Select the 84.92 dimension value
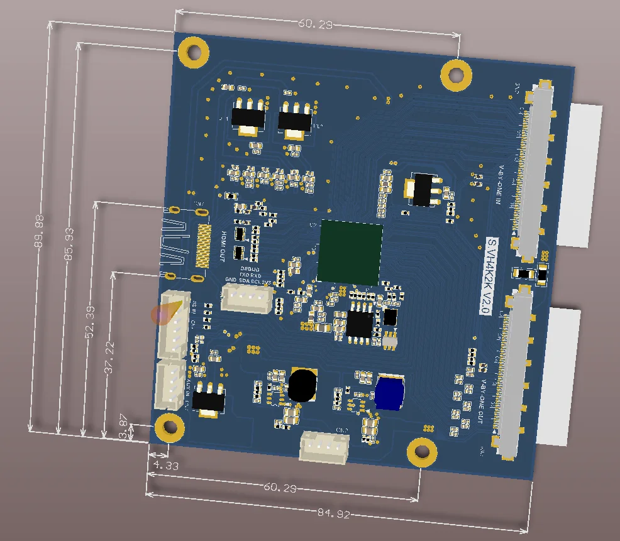(334, 513)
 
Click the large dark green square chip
(350, 251)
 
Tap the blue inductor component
(389, 391)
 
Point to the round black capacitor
(303, 385)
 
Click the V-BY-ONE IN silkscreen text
(501, 186)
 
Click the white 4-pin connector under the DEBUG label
(246, 297)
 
